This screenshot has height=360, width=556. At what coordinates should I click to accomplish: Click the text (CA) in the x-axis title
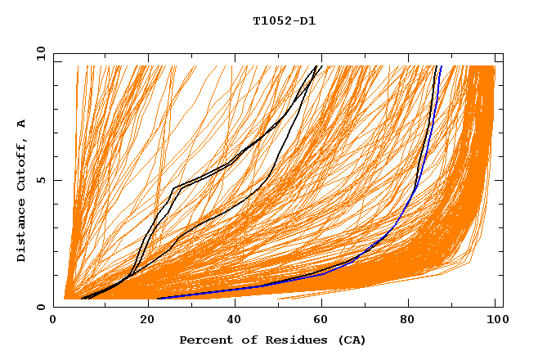pyautogui.click(x=347, y=340)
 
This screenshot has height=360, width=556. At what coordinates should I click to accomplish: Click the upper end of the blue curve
pyautogui.click(x=441, y=67)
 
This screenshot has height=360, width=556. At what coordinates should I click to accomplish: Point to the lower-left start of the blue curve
pyautogui.click(x=159, y=298)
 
